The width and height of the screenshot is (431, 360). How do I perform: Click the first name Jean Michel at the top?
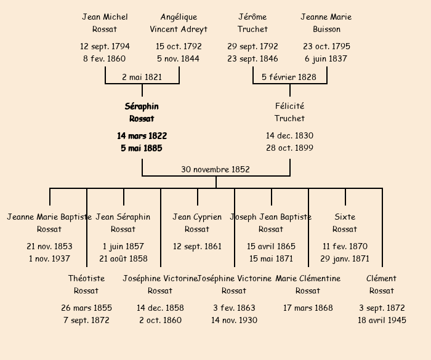click(105, 17)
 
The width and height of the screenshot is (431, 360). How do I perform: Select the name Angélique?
click(179, 17)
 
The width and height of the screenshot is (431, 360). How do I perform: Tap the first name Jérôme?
click(252, 17)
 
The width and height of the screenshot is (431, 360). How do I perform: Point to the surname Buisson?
click(326, 30)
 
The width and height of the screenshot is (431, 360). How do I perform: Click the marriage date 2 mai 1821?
click(142, 77)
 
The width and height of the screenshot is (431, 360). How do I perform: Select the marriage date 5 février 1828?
click(289, 77)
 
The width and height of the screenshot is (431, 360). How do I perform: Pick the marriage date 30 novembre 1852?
click(216, 169)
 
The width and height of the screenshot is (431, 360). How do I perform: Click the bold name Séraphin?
click(142, 106)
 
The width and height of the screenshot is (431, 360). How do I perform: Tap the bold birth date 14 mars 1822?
click(142, 135)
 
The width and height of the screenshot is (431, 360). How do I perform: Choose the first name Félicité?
click(289, 106)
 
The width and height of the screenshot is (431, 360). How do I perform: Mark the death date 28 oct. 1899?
click(289, 148)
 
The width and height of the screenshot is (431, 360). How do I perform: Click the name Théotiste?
click(86, 279)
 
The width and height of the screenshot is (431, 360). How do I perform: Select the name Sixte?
click(345, 217)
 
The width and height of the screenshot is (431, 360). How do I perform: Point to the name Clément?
click(382, 279)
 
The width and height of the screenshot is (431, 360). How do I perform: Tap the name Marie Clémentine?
click(308, 279)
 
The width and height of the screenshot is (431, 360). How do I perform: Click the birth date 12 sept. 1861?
click(197, 246)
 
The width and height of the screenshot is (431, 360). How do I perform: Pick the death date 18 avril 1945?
click(382, 320)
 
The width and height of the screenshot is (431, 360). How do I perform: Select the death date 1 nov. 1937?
click(49, 258)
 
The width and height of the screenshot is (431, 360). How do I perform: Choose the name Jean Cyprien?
click(197, 217)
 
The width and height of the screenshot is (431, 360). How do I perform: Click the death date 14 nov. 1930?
click(234, 320)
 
